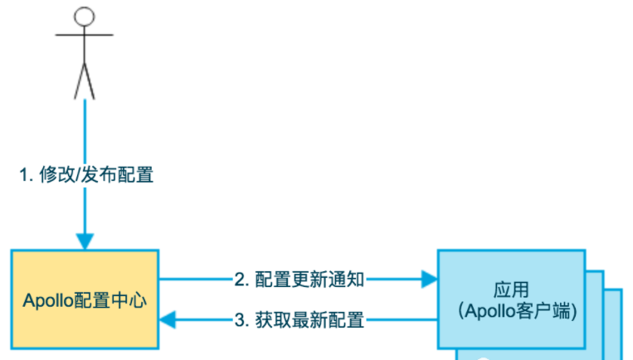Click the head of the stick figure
coord(84,16)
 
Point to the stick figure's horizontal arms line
coord(84,36)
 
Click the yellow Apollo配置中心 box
coord(85,299)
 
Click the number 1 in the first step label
coord(25,175)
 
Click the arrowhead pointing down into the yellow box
coord(84,241)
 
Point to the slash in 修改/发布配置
coord(81,175)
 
